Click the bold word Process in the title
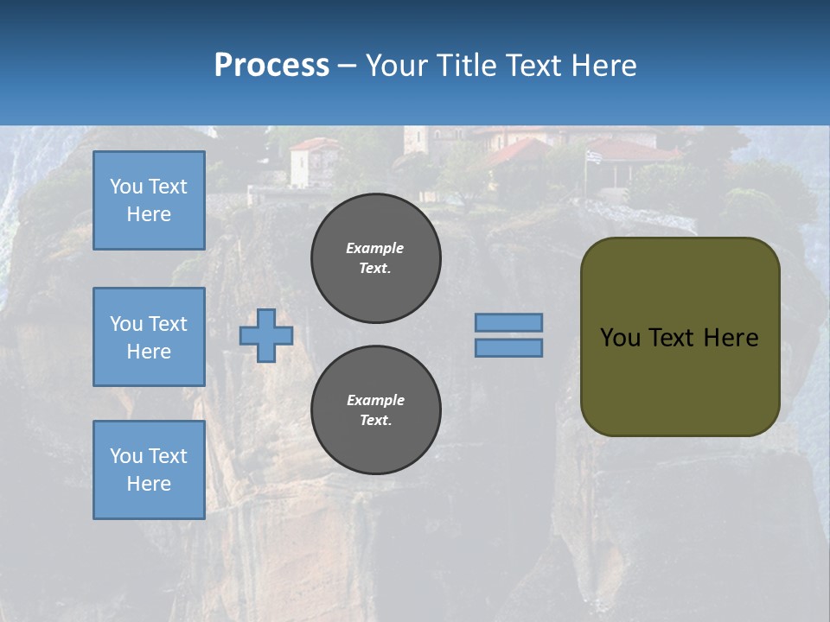[x=271, y=65]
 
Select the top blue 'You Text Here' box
[x=149, y=200]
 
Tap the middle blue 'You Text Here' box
[x=149, y=337]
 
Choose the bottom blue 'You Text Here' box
[x=149, y=470]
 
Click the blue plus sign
[x=266, y=335]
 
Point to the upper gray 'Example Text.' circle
[x=376, y=257]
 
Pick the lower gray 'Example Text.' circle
[x=376, y=409]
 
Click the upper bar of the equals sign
[x=508, y=322]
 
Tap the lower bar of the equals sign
[x=508, y=347]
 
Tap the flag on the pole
[x=592, y=156]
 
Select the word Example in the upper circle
[x=374, y=248]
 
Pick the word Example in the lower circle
[x=375, y=400]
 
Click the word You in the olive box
[x=619, y=338]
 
